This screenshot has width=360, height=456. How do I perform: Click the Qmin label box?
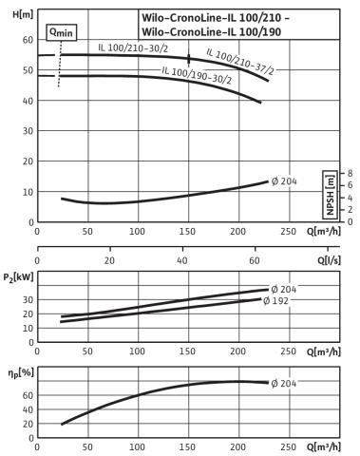pyautogui.click(x=62, y=32)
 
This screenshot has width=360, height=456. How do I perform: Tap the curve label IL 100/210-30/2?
pyautogui.click(x=133, y=48)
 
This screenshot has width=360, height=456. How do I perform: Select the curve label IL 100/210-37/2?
pyautogui.click(x=240, y=62)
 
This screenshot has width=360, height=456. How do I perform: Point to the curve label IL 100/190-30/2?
pyautogui.click(x=197, y=75)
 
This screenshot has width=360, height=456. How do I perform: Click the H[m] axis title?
pyautogui.click(x=23, y=14)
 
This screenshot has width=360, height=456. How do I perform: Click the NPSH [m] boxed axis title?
pyautogui.click(x=330, y=195)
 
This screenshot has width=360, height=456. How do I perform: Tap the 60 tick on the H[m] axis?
pyautogui.click(x=28, y=40)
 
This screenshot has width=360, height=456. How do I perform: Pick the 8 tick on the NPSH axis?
pyautogui.click(x=350, y=173)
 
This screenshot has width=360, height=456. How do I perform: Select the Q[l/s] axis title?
pyautogui.click(x=330, y=260)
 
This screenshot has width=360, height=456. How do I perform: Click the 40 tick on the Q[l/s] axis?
pyautogui.click(x=182, y=260)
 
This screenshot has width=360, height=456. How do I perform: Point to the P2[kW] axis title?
pyautogui.click(x=18, y=277)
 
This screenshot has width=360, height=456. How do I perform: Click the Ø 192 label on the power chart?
pyautogui.click(x=275, y=300)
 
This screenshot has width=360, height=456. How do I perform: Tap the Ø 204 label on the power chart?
pyautogui.click(x=284, y=289)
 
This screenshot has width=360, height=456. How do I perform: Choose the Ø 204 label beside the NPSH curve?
pyautogui.click(x=284, y=181)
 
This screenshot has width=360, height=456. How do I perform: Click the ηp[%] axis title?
pyautogui.click(x=21, y=373)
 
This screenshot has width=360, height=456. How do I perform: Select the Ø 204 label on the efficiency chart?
pyautogui.click(x=284, y=384)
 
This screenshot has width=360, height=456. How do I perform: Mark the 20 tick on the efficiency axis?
pyautogui.click(x=28, y=424)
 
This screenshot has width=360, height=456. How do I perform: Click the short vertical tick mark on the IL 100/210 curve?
pyautogui.click(x=189, y=59)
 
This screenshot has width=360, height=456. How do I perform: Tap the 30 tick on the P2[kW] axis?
pyautogui.click(x=28, y=299)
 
